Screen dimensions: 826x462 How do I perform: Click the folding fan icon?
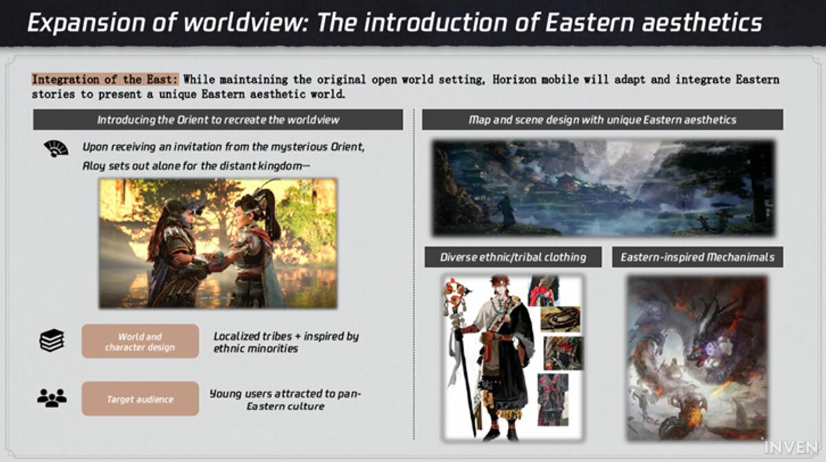(56, 149)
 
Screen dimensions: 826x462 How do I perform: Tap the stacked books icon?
(52, 340)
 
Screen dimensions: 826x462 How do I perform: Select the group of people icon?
(52, 398)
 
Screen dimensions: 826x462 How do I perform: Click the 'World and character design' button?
(140, 342)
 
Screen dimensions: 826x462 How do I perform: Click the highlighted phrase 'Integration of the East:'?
(105, 79)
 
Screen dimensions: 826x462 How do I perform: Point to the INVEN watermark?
(791, 448)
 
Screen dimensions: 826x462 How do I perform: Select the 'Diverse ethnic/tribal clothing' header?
(513, 257)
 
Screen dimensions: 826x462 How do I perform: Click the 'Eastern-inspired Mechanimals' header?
(698, 257)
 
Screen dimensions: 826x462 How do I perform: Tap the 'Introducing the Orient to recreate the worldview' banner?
(218, 120)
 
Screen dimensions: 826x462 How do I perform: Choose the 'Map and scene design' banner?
(602, 120)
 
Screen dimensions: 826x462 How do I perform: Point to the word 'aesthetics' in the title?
(701, 22)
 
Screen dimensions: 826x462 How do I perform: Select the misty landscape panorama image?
(603, 188)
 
